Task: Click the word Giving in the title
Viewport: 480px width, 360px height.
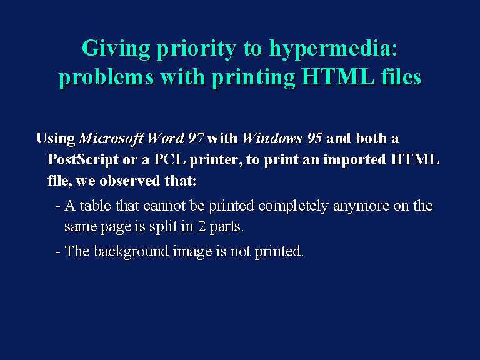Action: point(116,48)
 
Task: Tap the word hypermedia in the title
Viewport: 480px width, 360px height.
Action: point(333,48)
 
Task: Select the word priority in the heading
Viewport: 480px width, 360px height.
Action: point(196,49)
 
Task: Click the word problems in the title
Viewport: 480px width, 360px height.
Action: point(106,77)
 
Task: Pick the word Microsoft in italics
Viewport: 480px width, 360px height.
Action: point(111,138)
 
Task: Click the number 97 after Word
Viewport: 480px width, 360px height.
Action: point(196,138)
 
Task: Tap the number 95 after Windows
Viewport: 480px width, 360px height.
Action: point(314,138)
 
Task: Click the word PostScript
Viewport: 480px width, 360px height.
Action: point(83,160)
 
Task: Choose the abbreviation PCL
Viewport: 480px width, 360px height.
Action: point(169,159)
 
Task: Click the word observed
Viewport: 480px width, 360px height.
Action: point(130,181)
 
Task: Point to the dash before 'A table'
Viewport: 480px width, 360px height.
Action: point(57,207)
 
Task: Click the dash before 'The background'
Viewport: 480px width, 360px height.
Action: point(57,252)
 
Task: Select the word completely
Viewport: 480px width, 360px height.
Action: point(293,206)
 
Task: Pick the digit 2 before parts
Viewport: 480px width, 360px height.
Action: point(202,226)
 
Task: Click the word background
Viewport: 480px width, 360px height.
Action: point(131,252)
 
